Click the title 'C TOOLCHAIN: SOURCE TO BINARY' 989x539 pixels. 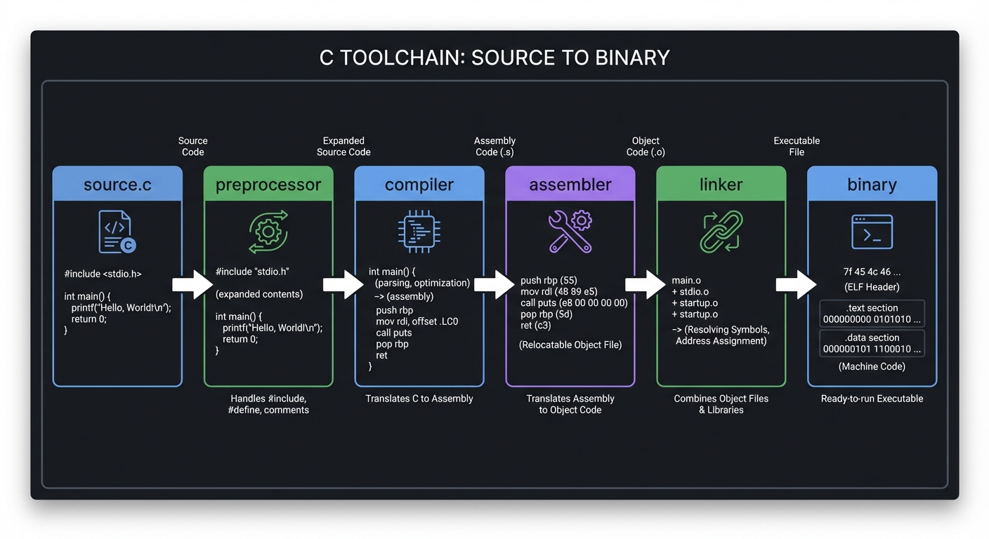[494, 57]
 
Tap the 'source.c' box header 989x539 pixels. [117, 185]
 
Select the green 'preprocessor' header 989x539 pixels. [268, 185]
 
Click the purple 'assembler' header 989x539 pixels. [570, 185]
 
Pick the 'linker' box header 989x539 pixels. [721, 185]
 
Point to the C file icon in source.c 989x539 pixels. [117, 232]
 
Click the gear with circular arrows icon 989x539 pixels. [268, 232]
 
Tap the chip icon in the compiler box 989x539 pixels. [419, 232]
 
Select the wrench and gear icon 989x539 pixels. [570, 232]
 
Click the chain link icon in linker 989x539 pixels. [721, 232]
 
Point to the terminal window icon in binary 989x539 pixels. [872, 232]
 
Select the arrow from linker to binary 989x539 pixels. [796, 284]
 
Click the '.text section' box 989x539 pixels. [872, 314]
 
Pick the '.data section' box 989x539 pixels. [872, 343]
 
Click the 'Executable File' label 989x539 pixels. [797, 146]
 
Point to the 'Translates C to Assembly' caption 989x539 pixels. [419, 399]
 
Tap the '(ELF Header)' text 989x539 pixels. [872, 286]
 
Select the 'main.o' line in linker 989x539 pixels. [686, 281]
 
